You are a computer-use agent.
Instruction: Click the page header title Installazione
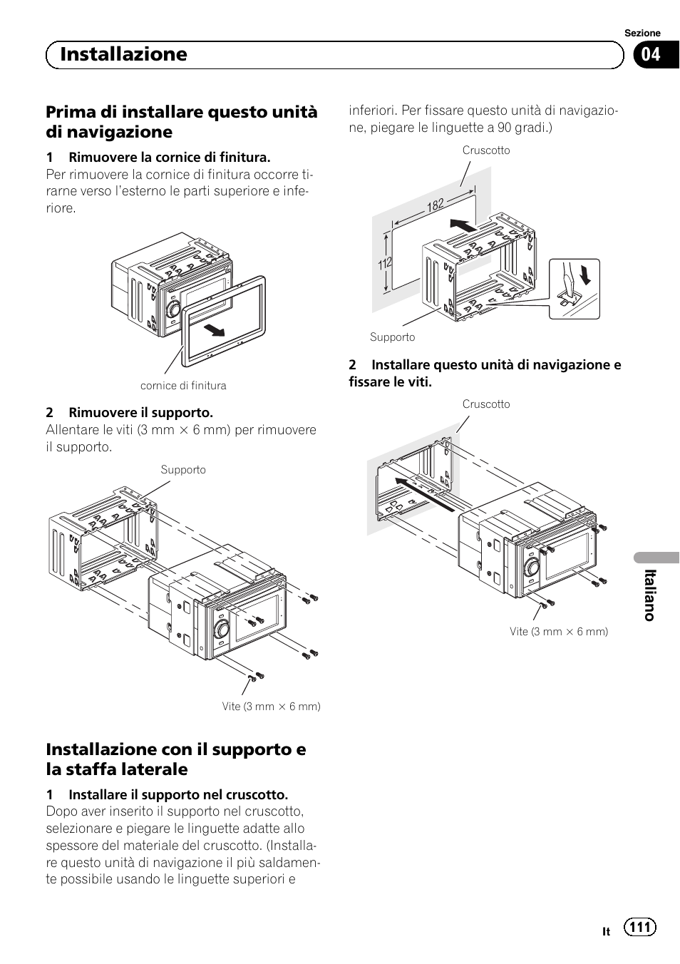124,54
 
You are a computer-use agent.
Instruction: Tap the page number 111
639,926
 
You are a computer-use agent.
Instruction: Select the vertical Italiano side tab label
649,595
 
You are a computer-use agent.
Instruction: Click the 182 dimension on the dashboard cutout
436,205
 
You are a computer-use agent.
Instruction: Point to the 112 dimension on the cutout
385,264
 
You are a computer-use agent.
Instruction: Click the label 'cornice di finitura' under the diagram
183,386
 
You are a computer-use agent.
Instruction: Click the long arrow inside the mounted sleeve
426,495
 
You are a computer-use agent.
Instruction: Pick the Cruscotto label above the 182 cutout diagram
486,150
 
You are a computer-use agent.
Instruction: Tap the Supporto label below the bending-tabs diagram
392,337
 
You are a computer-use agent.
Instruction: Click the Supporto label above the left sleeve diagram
183,470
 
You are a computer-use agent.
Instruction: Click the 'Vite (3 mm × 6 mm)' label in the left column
271,707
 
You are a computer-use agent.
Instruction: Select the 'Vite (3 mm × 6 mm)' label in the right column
559,632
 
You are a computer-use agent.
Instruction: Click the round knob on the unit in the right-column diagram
531,569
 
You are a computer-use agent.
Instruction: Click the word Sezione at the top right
642,33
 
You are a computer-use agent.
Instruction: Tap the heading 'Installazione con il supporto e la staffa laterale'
176,759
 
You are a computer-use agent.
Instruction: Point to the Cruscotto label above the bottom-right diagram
486,404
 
